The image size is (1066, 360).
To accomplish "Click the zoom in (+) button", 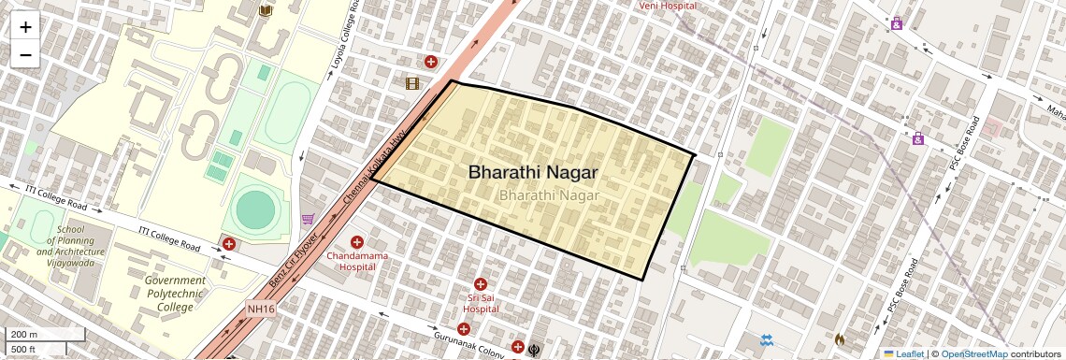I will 25,27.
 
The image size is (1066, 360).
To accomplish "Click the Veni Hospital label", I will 668,6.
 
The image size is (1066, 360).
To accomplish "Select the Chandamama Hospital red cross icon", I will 356,242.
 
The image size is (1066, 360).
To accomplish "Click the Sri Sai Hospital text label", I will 481,303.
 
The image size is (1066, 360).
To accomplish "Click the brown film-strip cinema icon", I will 412,83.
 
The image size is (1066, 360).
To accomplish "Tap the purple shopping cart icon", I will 308,220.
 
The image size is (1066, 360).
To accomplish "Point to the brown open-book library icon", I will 265,10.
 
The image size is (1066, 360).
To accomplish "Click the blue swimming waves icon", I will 767,339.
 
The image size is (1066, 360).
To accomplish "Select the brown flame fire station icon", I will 839,340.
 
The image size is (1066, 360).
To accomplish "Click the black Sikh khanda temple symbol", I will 535,347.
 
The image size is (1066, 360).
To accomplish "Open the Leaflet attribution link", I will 903,353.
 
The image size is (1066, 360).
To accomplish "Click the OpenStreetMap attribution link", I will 973,353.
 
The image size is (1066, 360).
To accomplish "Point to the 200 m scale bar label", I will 24,335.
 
